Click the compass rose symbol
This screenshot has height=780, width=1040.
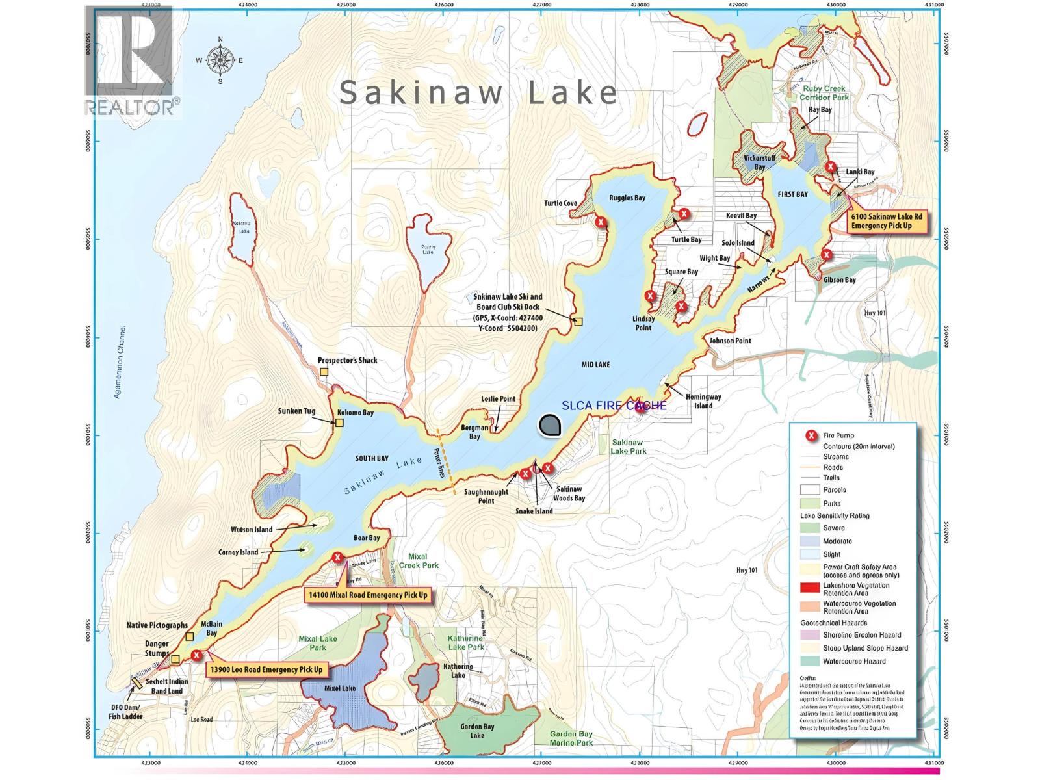220,60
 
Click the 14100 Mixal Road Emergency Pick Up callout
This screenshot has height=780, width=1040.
368,595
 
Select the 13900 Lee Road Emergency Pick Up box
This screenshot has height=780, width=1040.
266,669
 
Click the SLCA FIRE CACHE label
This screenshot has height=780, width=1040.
614,406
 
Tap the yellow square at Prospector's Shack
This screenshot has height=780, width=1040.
324,372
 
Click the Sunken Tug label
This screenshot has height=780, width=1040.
296,411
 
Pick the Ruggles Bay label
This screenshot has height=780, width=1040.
627,198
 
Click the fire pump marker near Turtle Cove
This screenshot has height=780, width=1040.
601,222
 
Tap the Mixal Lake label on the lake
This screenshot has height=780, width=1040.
339,688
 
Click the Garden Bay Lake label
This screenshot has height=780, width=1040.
478,731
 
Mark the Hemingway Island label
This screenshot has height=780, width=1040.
703,401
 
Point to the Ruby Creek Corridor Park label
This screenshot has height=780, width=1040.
824,93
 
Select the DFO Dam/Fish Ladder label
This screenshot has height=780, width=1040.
125,712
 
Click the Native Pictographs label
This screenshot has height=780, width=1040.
157,625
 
